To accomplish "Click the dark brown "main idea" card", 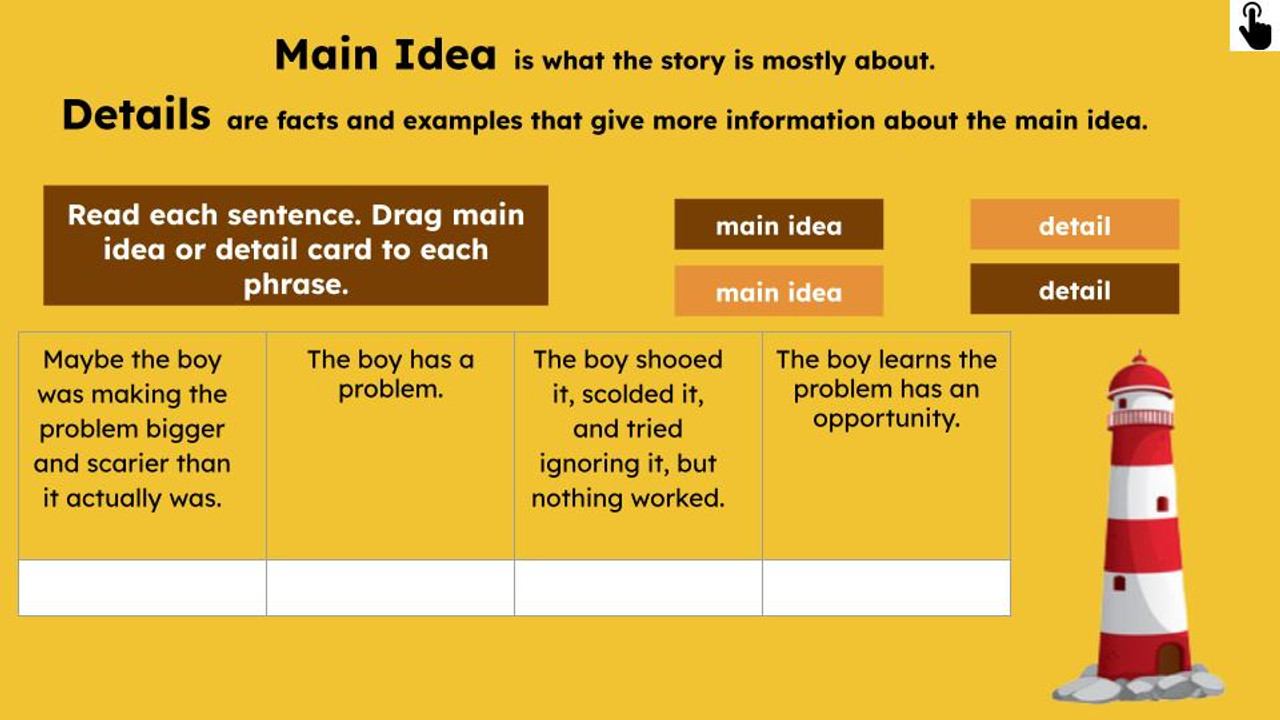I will coord(778,225).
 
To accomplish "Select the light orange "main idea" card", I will coord(778,292).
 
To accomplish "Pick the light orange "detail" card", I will coord(1074,225).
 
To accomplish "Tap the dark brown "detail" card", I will coord(1074,290).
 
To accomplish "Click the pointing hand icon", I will coord(1254,26).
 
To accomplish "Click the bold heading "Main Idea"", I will coord(385,55).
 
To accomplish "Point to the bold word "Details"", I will coord(136,116).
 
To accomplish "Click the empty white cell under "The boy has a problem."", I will coord(390,588).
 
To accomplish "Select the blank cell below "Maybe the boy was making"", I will coord(142,588).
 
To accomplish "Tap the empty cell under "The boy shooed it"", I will coord(638,588).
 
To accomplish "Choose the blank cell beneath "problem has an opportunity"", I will coord(886,588).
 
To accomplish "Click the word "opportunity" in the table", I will coord(886,419).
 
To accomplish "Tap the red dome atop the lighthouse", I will coord(1139,374).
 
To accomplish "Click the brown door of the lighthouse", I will coord(1168,659).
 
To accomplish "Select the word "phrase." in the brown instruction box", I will coord(296,284).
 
